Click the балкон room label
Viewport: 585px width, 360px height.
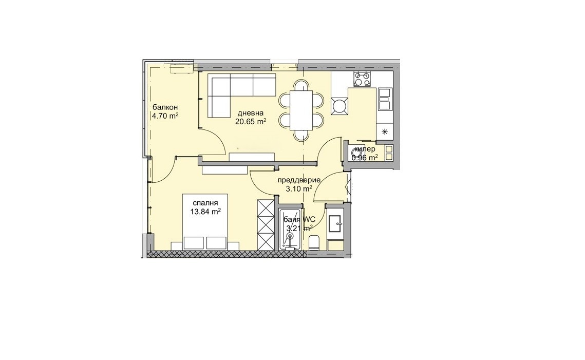[165, 107]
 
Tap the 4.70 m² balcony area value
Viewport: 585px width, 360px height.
[165, 116]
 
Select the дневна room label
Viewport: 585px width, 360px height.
[251, 113]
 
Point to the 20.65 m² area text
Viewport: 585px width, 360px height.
[251, 122]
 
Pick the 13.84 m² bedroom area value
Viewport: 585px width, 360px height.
[204, 211]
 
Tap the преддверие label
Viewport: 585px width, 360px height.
[299, 180]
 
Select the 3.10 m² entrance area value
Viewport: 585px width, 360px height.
[299, 189]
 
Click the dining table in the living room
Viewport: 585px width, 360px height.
[301, 109]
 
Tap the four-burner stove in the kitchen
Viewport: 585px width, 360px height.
[362, 79]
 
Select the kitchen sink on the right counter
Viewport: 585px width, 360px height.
[384, 99]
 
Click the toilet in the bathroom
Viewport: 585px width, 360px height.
[315, 242]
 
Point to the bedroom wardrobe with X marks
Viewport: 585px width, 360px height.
[266, 224]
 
